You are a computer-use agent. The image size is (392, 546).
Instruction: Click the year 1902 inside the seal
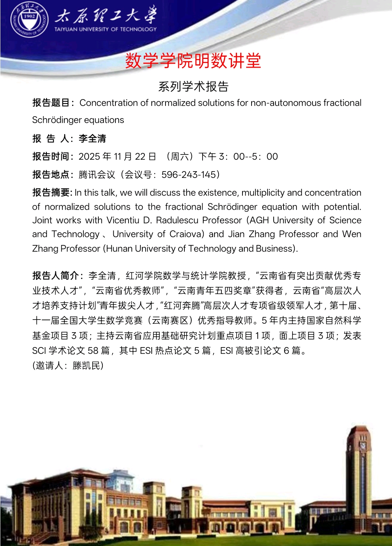click(x=29, y=16)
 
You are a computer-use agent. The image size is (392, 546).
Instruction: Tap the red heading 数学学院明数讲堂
click(x=193, y=61)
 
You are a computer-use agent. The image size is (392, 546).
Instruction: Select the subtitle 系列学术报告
click(x=193, y=87)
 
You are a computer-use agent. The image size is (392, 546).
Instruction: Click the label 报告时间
click(x=51, y=157)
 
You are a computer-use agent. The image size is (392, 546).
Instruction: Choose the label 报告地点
click(x=51, y=175)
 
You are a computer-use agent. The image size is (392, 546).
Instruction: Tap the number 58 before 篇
click(x=93, y=351)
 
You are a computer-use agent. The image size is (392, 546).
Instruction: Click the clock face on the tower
click(x=362, y=445)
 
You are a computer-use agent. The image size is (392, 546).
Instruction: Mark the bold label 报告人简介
click(x=56, y=276)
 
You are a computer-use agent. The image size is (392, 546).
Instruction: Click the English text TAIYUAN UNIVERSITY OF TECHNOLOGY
click(x=106, y=29)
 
